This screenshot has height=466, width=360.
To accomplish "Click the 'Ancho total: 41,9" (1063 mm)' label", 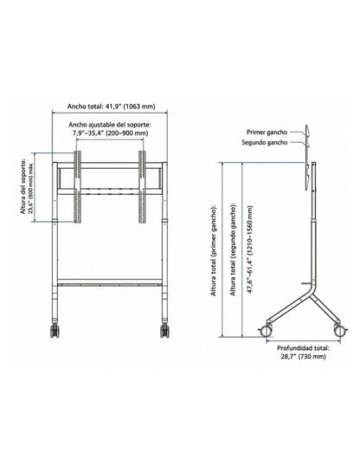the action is point(112,107).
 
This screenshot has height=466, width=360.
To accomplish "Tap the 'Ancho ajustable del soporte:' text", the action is point(110,125).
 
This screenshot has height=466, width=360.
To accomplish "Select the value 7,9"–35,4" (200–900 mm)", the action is point(111,133).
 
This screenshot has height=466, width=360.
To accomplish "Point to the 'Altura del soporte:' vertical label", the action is point(22,186).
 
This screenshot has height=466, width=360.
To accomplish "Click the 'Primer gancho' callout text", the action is point(267,132).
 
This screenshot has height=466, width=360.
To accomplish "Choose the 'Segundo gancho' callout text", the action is point(264,142).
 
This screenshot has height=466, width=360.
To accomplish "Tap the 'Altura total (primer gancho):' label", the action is point(214,250).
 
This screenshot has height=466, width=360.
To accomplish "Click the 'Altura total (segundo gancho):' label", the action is point(233,249).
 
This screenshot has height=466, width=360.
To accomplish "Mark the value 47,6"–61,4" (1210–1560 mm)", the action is point(250,249).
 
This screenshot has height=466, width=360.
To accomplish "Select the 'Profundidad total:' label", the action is point(303,348).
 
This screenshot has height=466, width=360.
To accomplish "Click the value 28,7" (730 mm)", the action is point(303,356).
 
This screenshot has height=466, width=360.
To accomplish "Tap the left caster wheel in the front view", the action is point(55,330).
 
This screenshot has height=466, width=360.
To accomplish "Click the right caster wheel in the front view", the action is point(164,330).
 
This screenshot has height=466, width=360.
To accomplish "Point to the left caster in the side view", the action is point(266,331).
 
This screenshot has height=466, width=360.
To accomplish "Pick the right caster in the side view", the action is point(340,330).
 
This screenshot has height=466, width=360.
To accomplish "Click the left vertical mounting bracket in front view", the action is point(78,186).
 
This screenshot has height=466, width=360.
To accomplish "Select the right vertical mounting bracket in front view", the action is point(142,186).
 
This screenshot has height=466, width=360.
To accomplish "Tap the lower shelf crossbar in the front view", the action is point(110,282).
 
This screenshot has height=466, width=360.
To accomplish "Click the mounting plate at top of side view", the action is point(308,158).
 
